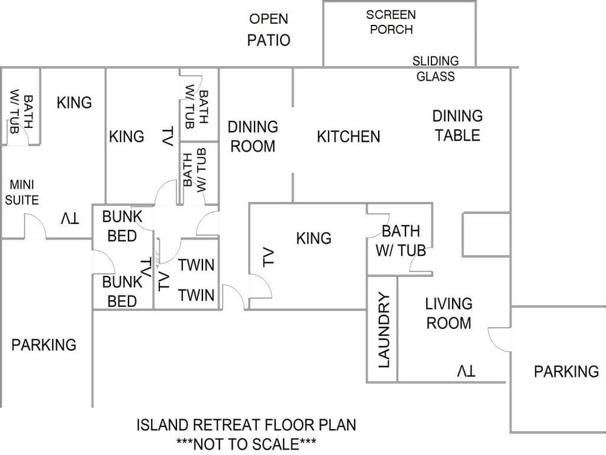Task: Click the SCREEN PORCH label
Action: point(391,21)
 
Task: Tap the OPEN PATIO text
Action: point(268,30)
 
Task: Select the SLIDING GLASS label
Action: point(435,69)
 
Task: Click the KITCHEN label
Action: point(348,136)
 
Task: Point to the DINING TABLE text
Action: point(458,125)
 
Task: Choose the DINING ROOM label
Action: point(252,136)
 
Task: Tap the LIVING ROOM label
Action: point(448,313)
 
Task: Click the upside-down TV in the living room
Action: point(466,371)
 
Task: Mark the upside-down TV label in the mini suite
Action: point(69,218)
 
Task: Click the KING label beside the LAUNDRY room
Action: point(314,238)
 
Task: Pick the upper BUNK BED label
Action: point(122,225)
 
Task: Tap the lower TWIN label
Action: point(196,295)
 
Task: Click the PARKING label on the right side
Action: point(566,371)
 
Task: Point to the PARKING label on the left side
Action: point(44,345)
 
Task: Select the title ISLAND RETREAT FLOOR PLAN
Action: point(246,425)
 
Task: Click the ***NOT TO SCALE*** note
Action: point(245,444)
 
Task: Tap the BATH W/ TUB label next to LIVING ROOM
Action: point(401,240)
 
